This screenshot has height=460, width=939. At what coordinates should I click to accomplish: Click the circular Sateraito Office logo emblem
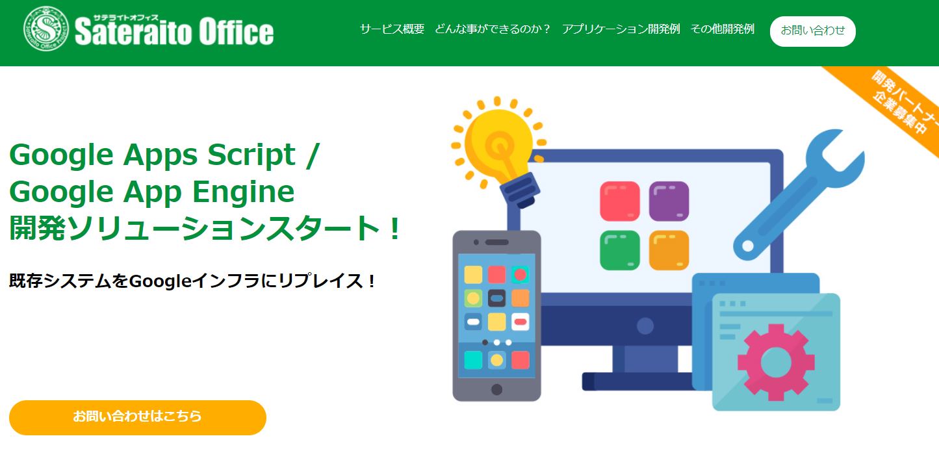[x=46, y=29]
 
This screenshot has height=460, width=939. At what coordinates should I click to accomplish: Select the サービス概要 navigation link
[x=392, y=29]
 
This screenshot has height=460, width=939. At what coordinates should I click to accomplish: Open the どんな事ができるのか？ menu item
[x=493, y=29]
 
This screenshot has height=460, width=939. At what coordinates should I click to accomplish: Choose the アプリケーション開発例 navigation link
[x=621, y=29]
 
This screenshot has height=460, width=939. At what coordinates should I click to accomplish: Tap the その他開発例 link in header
[x=722, y=29]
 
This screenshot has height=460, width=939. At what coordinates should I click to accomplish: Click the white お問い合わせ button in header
[x=812, y=31]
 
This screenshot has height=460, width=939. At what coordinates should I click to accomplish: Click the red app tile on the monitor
[x=619, y=201]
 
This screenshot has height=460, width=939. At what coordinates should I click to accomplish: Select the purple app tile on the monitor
[x=669, y=201]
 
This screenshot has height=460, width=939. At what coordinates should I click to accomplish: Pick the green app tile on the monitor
[x=619, y=250]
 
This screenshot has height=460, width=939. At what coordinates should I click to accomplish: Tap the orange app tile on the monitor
[x=669, y=250]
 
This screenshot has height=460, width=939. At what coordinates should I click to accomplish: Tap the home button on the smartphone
[x=496, y=389]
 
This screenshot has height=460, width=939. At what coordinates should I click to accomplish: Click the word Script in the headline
[x=251, y=155]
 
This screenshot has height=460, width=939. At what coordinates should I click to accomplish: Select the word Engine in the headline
[x=243, y=192]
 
